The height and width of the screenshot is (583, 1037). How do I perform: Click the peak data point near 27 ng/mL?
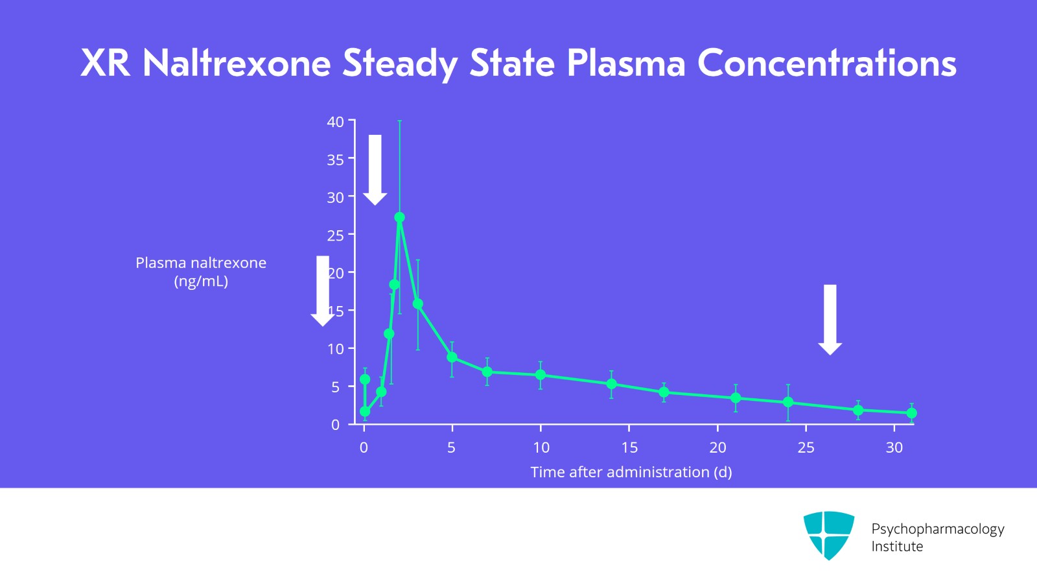(399, 217)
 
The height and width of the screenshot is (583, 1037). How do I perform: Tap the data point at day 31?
(911, 413)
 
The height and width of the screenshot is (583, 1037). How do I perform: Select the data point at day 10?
(541, 375)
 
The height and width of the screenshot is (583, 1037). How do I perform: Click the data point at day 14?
(611, 384)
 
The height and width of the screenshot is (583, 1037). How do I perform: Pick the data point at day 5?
(452, 357)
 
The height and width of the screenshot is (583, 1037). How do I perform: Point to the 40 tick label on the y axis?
(335, 122)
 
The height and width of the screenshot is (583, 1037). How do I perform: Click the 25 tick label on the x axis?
(806, 447)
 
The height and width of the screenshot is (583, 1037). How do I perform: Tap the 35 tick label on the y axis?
(335, 160)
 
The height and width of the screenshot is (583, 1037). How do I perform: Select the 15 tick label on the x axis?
(629, 447)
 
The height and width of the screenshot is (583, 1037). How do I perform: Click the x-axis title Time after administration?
(631, 472)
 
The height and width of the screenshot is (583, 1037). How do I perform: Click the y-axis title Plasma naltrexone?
(201, 263)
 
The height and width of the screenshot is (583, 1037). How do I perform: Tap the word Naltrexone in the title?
(237, 64)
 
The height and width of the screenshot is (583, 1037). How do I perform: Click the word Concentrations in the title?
(826, 64)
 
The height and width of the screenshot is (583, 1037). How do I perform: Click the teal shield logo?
(828, 534)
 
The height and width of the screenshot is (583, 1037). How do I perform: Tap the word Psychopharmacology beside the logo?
(937, 529)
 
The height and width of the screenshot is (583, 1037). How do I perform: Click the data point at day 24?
(788, 402)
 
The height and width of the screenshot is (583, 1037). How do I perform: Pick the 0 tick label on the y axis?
(335, 425)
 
